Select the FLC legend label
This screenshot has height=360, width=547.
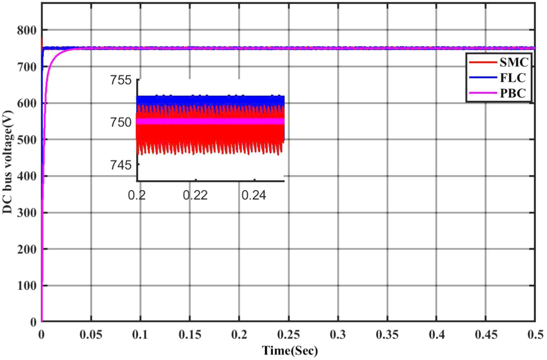514,79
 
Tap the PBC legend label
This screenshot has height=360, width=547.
514,95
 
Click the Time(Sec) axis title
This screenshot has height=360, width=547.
289,350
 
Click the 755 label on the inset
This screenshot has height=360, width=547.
122,81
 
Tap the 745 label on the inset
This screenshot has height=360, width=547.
122,165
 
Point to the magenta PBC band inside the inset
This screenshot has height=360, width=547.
210,122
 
